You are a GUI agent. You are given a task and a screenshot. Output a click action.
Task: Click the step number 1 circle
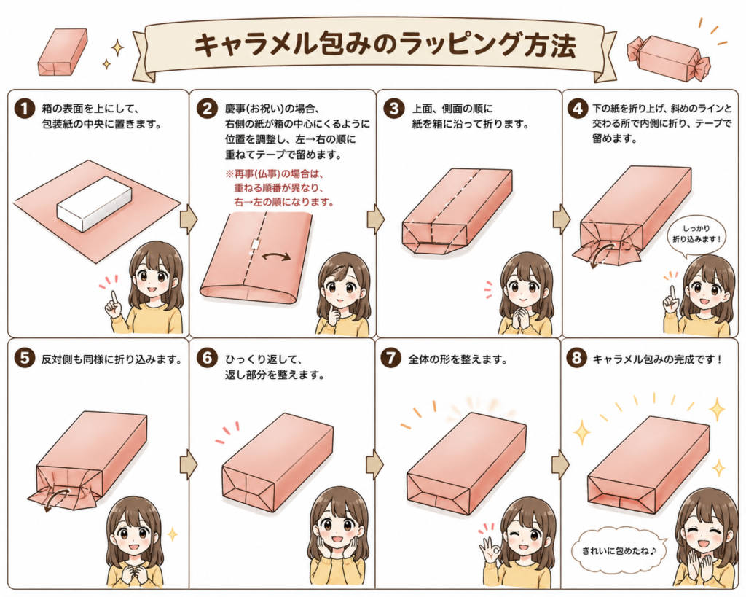point(25,109)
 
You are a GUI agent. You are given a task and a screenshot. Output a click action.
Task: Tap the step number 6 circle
point(207,358)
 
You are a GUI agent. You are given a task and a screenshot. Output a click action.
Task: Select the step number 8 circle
point(576,358)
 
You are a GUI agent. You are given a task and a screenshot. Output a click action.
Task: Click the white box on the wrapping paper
point(94,203)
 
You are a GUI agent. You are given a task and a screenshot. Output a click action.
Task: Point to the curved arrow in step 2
point(276,257)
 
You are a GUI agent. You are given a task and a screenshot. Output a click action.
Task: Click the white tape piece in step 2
point(255,245)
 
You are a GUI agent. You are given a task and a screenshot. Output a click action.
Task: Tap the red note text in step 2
point(280,187)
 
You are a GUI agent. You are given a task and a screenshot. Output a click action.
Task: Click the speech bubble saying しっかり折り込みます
point(696,234)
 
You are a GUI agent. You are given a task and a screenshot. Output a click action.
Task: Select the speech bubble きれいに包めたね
point(619,551)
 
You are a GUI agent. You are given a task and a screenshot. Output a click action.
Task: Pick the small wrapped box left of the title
point(63,52)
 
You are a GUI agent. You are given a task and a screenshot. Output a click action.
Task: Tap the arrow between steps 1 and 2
point(189,219)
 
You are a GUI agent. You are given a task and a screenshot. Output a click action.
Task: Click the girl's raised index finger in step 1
point(114,299)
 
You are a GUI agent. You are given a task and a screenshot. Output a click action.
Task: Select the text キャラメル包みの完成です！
point(658,359)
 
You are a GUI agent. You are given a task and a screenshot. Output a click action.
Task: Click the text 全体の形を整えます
point(458,359)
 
